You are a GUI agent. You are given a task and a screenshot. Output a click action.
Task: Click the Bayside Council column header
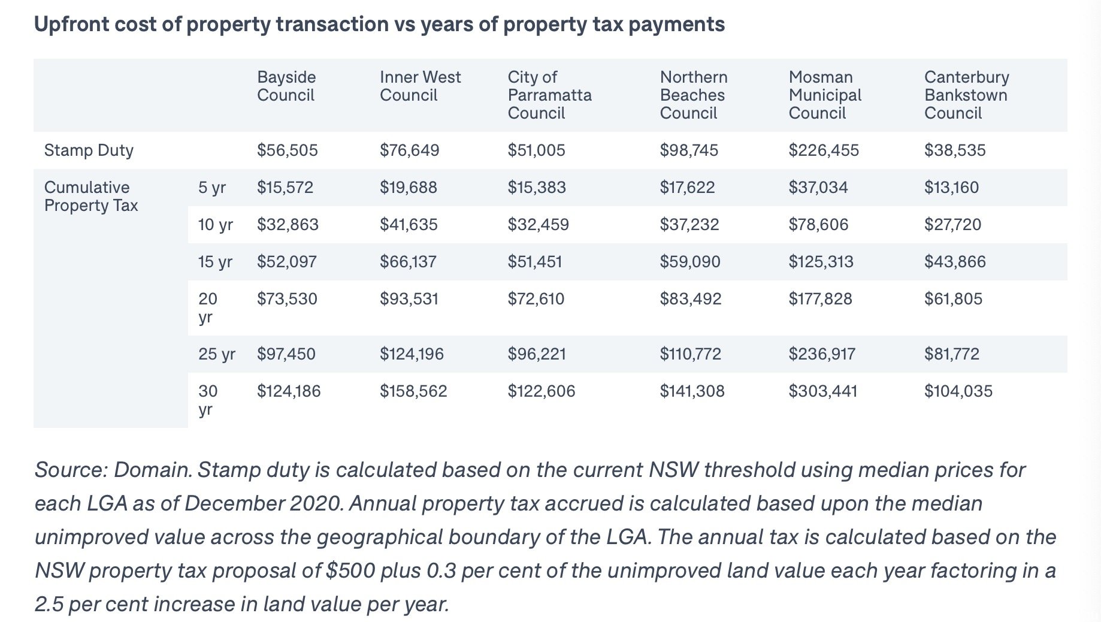tap(286, 86)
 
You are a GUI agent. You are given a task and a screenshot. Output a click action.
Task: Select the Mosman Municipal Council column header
tap(825, 95)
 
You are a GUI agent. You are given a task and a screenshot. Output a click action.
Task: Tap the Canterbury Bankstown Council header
tap(967, 95)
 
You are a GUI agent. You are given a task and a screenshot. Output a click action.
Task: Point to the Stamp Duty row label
tap(89, 150)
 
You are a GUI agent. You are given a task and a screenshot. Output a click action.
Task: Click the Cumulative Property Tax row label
tap(91, 196)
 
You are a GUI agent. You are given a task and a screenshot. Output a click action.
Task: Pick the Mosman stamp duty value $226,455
tap(824, 150)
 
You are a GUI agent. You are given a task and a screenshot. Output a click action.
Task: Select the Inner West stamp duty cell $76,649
tap(410, 150)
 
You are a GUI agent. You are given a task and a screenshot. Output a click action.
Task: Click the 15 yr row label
tap(215, 261)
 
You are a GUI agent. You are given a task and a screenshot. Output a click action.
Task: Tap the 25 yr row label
tap(217, 354)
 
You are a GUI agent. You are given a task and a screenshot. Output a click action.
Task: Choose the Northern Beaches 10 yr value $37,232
tap(689, 224)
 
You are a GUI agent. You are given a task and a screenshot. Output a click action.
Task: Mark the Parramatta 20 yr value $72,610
tap(536, 298)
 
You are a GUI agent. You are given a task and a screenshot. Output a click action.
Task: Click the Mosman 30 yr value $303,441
tap(823, 391)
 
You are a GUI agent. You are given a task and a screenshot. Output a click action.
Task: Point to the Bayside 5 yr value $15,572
tap(285, 187)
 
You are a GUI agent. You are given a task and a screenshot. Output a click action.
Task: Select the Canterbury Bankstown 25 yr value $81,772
tap(952, 354)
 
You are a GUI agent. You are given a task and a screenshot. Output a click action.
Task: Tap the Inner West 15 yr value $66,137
tap(408, 261)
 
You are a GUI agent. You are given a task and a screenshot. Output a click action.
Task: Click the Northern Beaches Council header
tap(694, 95)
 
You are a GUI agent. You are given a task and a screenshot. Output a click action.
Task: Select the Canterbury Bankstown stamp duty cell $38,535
tap(955, 150)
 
